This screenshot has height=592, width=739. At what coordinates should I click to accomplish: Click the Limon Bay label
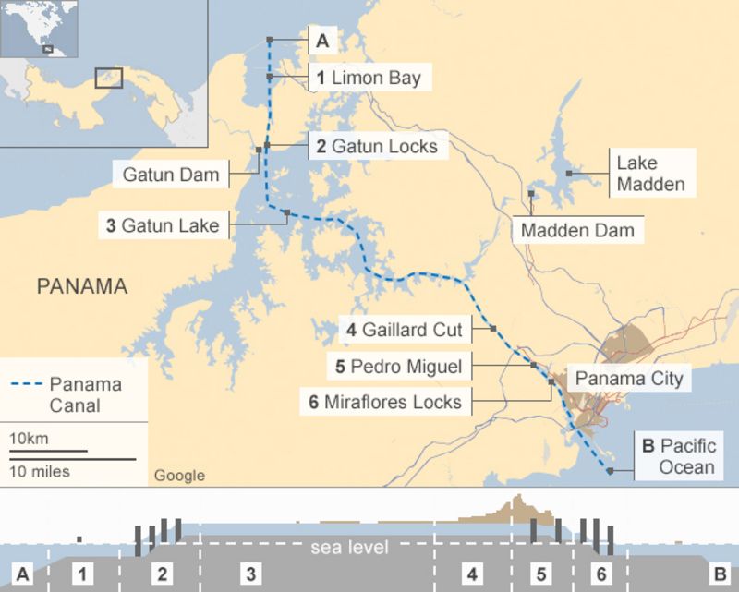pos(368,79)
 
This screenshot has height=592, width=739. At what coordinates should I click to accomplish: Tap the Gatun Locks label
pos(375,146)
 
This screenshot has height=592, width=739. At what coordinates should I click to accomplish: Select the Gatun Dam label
pos(171,174)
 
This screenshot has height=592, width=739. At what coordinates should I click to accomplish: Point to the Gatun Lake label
pos(163,224)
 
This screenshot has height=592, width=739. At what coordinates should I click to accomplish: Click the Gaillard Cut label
pos(404,329)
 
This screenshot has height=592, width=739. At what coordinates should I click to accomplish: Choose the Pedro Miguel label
pos(398,366)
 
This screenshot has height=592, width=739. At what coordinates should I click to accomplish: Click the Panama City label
pos(629,378)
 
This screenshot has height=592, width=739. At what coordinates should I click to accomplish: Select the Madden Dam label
pos(577,230)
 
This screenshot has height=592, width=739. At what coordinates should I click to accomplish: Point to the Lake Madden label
pos(650,174)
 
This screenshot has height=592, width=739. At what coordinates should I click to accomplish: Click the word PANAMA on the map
pos(81,286)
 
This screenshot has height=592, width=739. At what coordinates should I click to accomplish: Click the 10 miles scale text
pos(40,471)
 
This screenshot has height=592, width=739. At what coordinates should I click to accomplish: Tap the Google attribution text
pos(179,476)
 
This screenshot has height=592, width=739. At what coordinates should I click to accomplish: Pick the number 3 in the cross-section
pos(250,574)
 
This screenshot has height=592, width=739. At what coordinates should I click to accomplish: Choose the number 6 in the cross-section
pos(600,574)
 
